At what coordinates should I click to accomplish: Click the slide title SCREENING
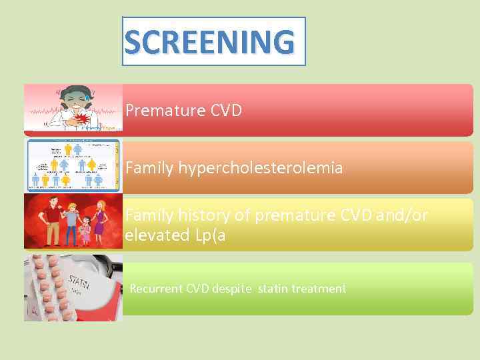[209, 42]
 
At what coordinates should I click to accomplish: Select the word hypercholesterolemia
[260, 168]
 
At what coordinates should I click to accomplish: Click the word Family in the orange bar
[149, 168]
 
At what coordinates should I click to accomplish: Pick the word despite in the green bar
[233, 289]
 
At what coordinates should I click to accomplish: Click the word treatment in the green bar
[319, 289]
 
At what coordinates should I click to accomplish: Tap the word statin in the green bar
[273, 289]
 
